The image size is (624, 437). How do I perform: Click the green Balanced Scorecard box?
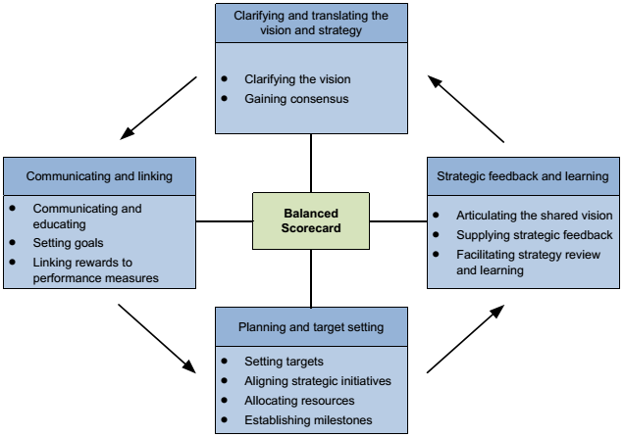[x=311, y=219]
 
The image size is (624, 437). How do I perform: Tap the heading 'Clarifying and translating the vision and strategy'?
[x=311, y=23]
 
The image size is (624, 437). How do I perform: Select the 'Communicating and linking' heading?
[x=99, y=176]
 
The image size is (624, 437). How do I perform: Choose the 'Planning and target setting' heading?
[x=310, y=326]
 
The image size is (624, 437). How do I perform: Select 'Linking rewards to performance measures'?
[x=95, y=270]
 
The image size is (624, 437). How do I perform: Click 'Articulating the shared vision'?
[x=534, y=215]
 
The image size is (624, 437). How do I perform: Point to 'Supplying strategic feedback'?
[x=534, y=234]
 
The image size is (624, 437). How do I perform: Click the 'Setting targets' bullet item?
[x=285, y=361]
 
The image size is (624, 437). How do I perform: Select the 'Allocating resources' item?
[x=299, y=401]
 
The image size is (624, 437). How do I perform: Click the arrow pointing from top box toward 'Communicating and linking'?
[x=161, y=107]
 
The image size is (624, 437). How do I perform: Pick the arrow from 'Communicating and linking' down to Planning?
[x=156, y=338]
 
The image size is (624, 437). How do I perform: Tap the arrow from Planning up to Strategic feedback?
[x=465, y=339]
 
